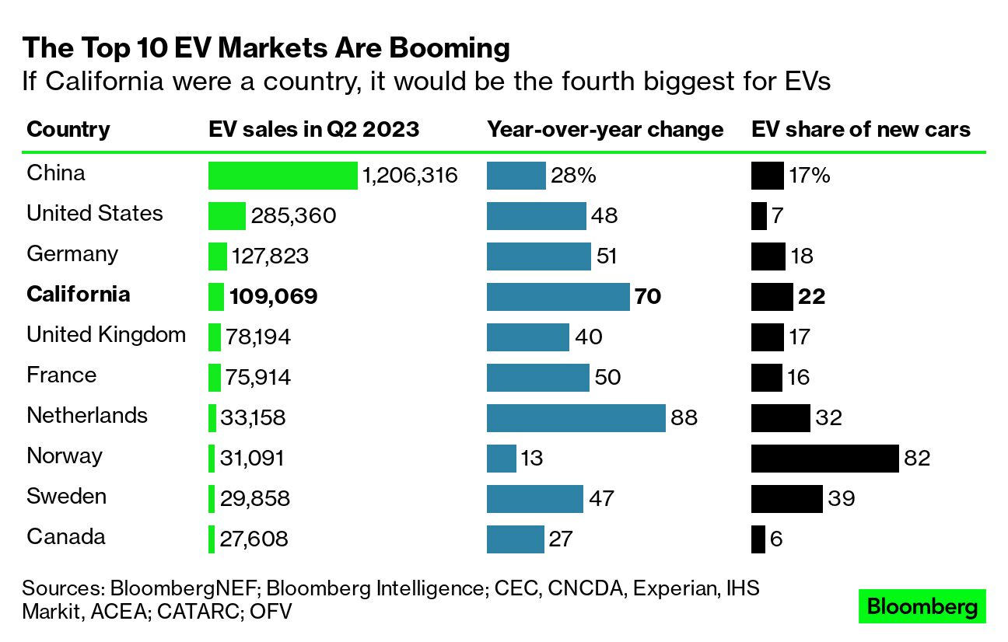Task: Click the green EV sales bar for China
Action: (x=282, y=176)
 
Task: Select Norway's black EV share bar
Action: (x=824, y=459)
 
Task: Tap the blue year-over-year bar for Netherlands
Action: (x=576, y=418)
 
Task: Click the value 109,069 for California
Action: (x=274, y=297)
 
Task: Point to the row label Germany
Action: (x=72, y=254)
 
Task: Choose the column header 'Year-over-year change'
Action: (x=605, y=129)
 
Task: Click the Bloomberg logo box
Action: (x=922, y=607)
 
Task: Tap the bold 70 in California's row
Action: (x=647, y=297)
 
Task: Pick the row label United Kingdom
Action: (x=106, y=335)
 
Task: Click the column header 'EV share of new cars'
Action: (x=861, y=129)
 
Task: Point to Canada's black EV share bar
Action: (x=758, y=539)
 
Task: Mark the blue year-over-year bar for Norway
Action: (x=502, y=459)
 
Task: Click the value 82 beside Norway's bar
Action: (x=917, y=459)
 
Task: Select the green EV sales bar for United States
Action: (x=227, y=216)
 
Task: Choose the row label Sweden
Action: (x=67, y=497)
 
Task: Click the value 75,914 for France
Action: (x=258, y=378)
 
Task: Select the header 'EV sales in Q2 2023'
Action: (x=313, y=129)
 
